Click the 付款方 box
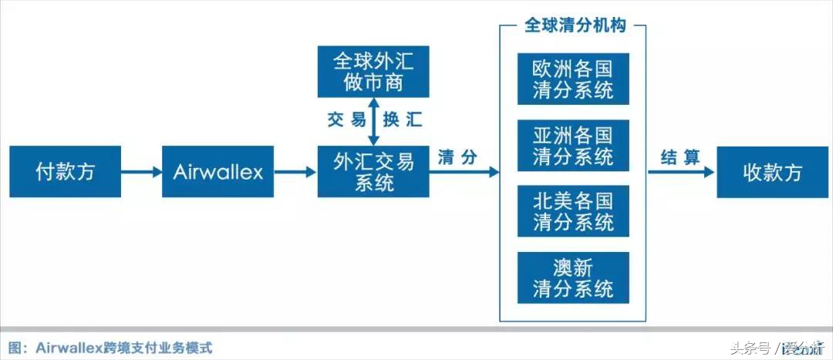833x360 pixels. click(x=65, y=171)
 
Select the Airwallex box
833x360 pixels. click(x=218, y=171)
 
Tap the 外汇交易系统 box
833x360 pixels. click(x=373, y=171)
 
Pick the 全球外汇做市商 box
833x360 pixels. click(x=373, y=72)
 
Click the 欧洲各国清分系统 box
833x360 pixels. click(x=573, y=79)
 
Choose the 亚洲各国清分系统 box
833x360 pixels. click(x=573, y=145)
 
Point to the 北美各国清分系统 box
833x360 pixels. click(x=573, y=211)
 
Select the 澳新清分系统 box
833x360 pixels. click(x=573, y=278)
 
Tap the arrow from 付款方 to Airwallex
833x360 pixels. click(x=141, y=171)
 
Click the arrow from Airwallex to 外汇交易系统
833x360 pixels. click(x=295, y=171)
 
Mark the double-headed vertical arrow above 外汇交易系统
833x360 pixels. click(x=373, y=121)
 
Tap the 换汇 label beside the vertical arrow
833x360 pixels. click(x=403, y=120)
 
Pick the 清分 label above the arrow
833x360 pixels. click(x=457, y=157)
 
